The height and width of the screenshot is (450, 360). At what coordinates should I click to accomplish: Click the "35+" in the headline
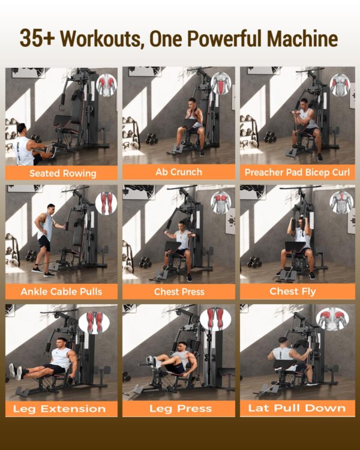coord(37,38)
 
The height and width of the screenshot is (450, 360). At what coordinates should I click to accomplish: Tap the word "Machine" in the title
coord(302,38)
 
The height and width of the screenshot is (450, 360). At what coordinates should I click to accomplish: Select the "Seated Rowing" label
coord(63,173)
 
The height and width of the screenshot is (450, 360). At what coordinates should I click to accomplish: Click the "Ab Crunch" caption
coord(179,172)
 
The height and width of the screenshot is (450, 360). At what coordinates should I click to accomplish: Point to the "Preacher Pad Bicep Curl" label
coord(297,172)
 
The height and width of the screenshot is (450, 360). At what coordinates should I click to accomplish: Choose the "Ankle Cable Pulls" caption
coord(61,292)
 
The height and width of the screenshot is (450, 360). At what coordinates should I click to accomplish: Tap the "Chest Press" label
coord(179,292)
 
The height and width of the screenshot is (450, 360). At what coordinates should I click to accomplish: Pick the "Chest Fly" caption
coord(293,291)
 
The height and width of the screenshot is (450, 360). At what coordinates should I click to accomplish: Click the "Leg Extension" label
coord(59,409)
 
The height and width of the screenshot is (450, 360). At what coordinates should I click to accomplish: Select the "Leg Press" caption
coord(180,409)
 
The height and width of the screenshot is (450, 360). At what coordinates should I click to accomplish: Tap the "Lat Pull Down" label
coord(297,408)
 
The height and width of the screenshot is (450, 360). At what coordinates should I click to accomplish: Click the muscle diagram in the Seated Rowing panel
coord(107,85)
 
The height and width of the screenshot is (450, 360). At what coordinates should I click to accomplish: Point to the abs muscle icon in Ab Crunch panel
coord(221,83)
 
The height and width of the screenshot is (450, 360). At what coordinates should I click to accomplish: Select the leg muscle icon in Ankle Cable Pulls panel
coord(106,203)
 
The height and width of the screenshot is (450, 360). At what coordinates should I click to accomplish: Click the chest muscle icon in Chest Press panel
coord(221,203)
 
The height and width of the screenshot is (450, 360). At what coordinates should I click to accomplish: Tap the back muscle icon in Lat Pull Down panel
coord(332,319)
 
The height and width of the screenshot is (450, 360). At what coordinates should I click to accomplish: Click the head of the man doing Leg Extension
coord(62,343)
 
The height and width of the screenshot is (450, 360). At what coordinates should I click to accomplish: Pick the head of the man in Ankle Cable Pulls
coord(51,208)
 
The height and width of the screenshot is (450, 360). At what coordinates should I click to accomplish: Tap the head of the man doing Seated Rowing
coord(21,129)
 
